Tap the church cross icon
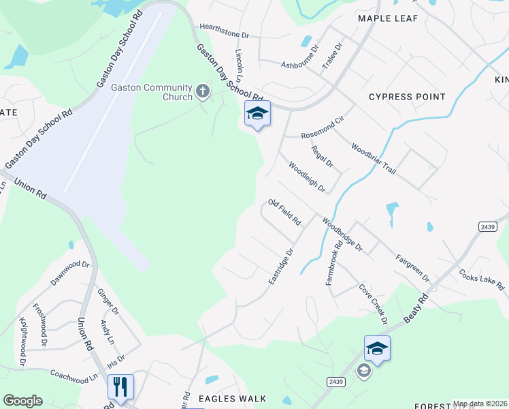[202, 91]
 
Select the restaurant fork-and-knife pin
[120, 387]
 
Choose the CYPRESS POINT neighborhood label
[407, 97]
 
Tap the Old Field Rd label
[284, 213]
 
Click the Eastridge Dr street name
[280, 266]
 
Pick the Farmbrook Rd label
[333, 262]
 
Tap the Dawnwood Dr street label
[70, 273]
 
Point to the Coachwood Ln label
[74, 376]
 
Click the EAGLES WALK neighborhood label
[231, 399]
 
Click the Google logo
[22, 401]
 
